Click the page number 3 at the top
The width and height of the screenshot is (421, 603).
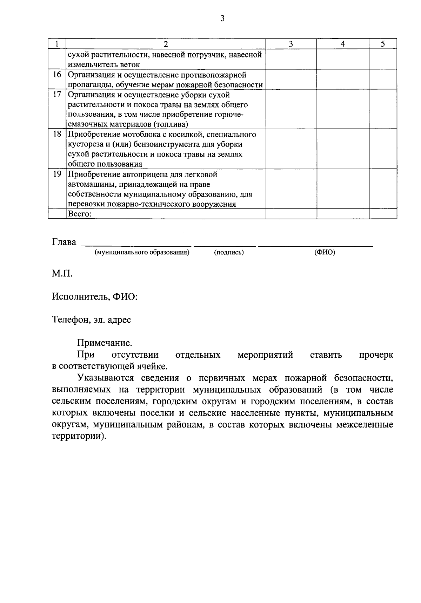222,19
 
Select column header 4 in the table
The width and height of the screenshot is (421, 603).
343,44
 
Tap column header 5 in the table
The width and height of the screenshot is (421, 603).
383,44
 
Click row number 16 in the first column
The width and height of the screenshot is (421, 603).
57,75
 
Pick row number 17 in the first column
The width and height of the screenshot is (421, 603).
57,95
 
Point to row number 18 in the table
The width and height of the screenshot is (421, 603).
57,134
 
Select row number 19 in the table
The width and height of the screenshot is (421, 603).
57,174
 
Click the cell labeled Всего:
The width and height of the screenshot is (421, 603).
80,214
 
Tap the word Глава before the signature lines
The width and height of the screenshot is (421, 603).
64,242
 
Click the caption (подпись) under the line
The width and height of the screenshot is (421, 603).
229,252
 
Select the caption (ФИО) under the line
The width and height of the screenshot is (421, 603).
325,252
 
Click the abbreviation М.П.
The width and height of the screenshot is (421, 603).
62,274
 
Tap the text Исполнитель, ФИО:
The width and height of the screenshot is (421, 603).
95,297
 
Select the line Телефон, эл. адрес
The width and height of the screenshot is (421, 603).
91,320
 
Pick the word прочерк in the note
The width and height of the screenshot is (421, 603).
376,355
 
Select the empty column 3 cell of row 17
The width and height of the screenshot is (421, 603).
291,109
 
